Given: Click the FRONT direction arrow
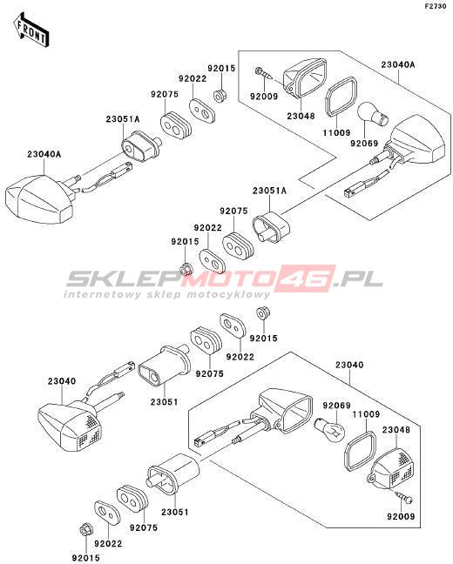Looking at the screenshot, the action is coord(30,30).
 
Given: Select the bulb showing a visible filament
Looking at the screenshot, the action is coord(330,429).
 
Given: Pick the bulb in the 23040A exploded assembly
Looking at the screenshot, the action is coord(373,113).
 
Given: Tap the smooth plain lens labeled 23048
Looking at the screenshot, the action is coord(305,78).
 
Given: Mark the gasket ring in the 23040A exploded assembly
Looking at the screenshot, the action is coord(341,97).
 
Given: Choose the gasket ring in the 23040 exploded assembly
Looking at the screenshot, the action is coord(360,451).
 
